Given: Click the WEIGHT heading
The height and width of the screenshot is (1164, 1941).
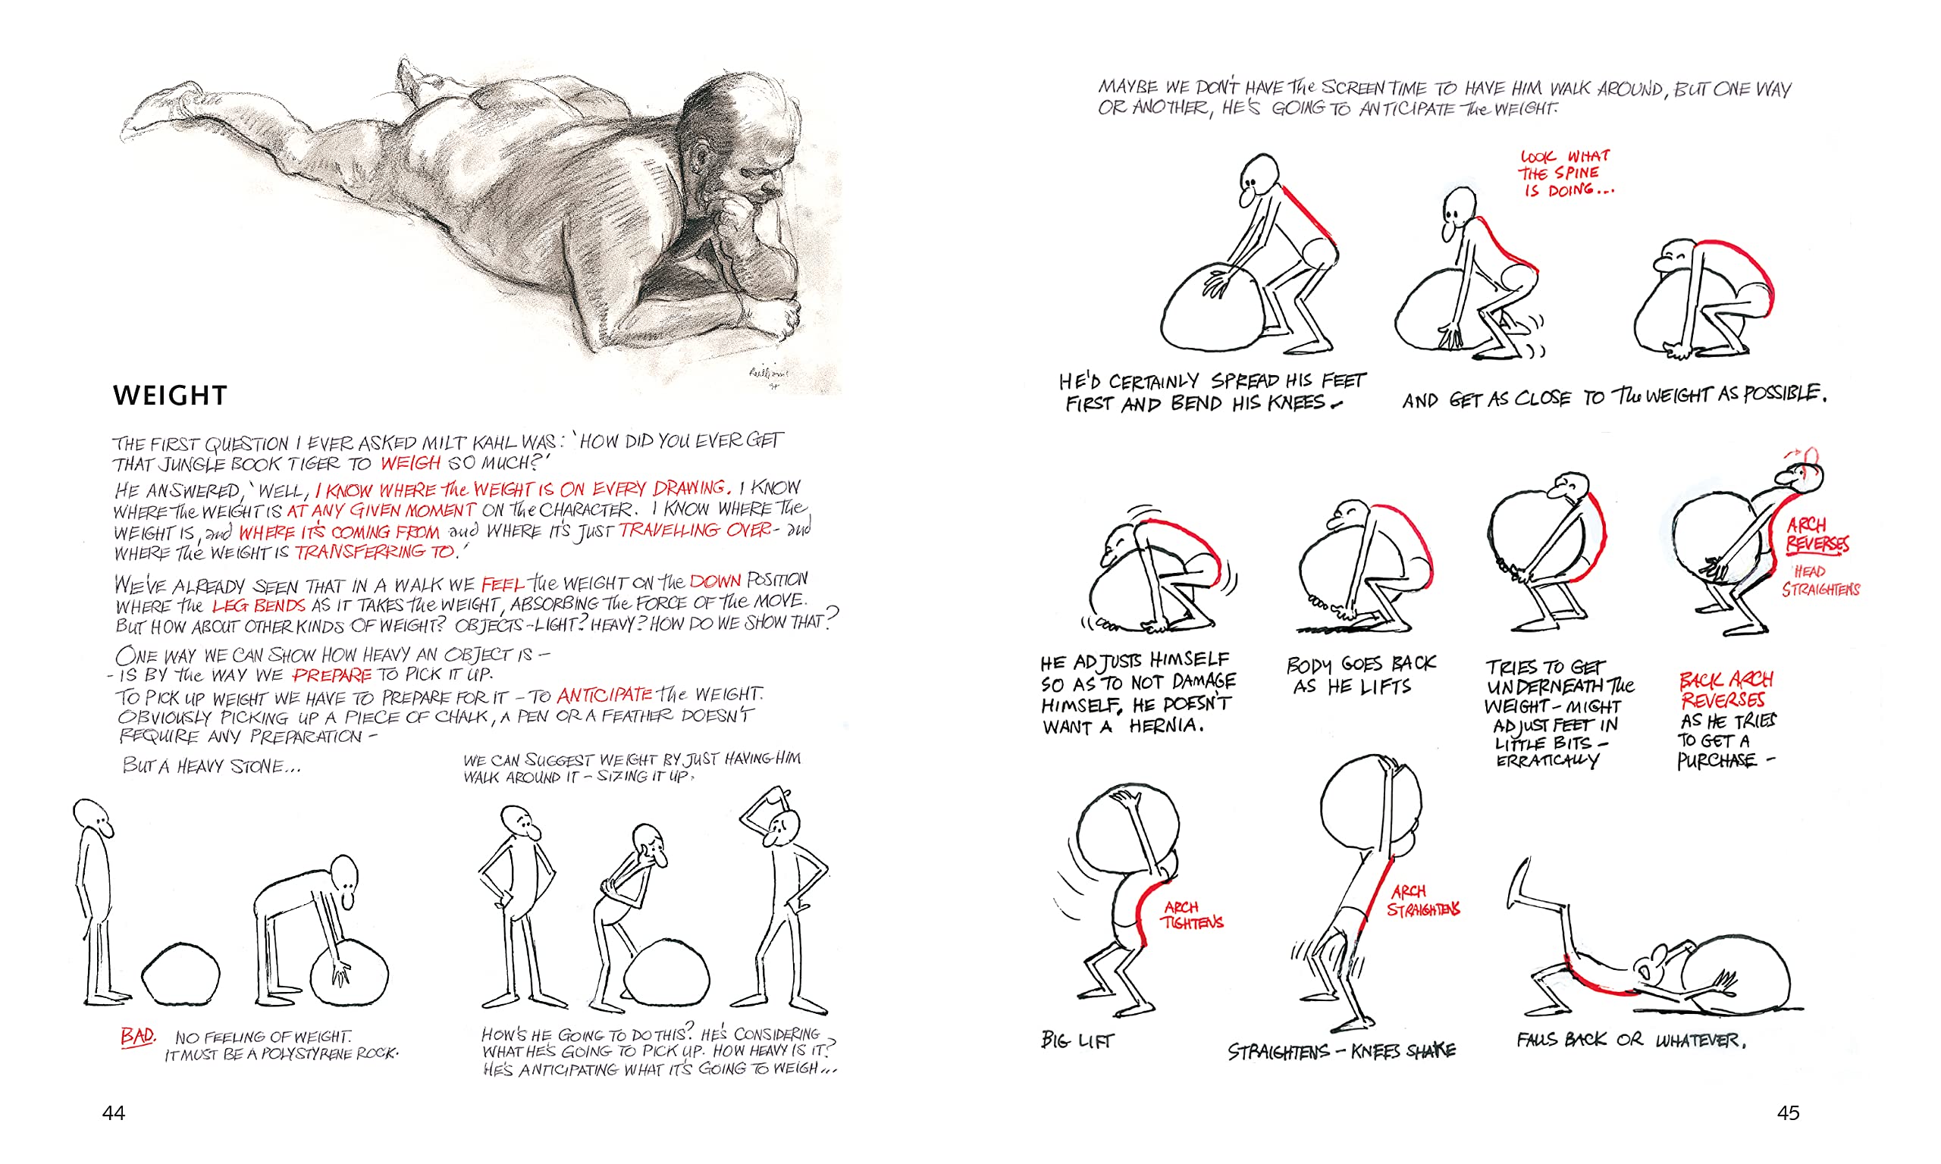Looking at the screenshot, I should pos(170,396).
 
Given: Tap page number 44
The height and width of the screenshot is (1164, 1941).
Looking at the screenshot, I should pos(114,1112).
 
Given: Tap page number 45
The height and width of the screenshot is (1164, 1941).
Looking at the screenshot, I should pos(1788,1112).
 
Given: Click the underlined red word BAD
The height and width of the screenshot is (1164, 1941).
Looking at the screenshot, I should pos(137,1036).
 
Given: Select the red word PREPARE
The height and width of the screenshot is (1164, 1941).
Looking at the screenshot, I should pos(331,675).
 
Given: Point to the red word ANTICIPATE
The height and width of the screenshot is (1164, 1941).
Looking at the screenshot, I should pos(604,695).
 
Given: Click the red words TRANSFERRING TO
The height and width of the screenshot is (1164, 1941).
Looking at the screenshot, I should pos(375,552).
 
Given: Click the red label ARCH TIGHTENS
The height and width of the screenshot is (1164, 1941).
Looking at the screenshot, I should pos(1191,915).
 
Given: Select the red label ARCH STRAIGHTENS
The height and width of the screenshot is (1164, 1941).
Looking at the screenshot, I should pos(1422,900).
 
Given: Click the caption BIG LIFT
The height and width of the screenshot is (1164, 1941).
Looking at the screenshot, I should pos(1077,1040).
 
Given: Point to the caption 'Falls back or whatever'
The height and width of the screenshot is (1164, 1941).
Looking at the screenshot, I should pos(1630,1040).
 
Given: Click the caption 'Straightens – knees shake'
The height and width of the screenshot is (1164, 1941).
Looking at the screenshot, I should pos(1341,1051).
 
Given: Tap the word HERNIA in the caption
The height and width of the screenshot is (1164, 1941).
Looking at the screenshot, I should pos(1166,726).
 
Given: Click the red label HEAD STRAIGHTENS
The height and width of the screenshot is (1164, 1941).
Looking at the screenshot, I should pos(1820,580).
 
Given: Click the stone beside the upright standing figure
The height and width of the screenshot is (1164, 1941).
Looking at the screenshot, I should pos(180,973).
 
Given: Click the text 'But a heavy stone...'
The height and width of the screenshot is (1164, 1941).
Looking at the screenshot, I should pos(211,765).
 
